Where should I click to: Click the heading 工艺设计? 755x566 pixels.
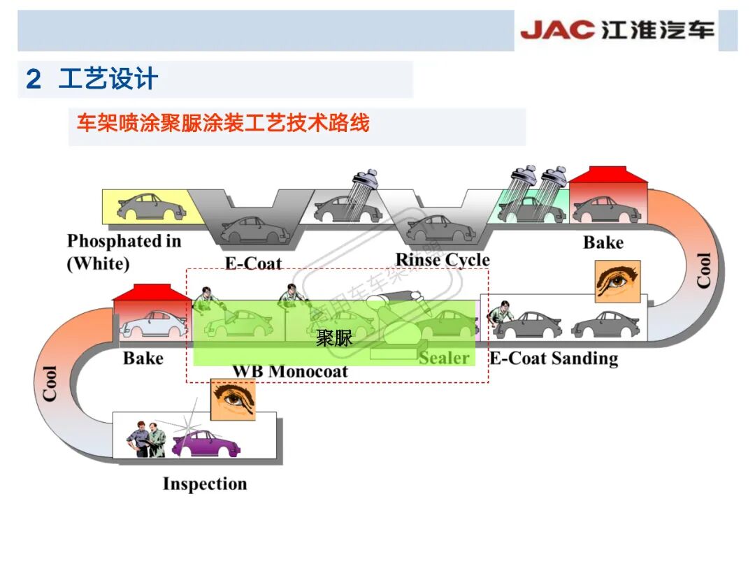click(x=108, y=79)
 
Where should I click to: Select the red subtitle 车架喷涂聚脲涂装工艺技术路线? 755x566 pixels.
click(x=223, y=124)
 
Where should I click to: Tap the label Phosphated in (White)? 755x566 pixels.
click(x=124, y=252)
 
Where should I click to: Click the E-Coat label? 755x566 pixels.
click(x=253, y=263)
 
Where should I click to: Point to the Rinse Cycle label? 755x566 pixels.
click(x=443, y=261)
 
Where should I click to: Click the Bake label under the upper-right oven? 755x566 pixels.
click(x=603, y=242)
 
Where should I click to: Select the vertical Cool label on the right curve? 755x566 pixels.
click(x=703, y=270)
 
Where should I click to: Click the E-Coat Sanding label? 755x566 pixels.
click(x=554, y=359)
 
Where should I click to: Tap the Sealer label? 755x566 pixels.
click(x=444, y=358)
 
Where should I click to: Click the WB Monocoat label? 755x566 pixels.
click(x=289, y=371)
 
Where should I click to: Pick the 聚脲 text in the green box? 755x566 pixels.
click(x=334, y=340)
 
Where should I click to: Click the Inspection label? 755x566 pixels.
click(x=205, y=484)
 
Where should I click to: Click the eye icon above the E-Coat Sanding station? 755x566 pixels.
click(x=617, y=281)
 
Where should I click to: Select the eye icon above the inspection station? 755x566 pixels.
click(x=233, y=399)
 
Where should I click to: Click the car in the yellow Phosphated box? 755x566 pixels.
click(x=148, y=207)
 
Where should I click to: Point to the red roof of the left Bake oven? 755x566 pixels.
click(x=152, y=293)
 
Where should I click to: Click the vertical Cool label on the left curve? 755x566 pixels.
click(x=50, y=383)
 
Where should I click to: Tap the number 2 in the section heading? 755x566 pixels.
click(x=33, y=80)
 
